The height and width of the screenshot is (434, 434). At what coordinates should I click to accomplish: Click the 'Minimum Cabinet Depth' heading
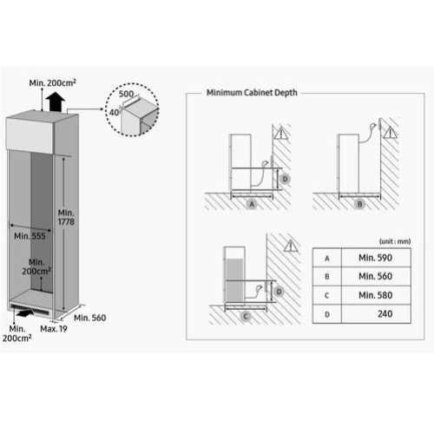(x=252, y=93)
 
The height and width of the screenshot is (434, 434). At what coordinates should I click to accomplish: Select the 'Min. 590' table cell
(x=375, y=258)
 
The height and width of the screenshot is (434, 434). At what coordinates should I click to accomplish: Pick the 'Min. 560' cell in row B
(x=375, y=276)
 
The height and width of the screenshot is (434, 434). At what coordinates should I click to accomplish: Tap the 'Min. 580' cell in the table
(x=375, y=295)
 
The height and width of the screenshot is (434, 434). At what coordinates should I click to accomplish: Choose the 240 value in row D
(x=385, y=313)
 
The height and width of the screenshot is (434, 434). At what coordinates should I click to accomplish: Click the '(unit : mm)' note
(x=395, y=241)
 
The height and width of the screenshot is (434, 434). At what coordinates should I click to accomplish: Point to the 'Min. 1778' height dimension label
(x=66, y=217)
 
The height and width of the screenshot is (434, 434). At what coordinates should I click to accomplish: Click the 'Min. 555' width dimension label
(x=30, y=236)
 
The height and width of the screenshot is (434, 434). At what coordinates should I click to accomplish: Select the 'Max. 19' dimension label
(x=54, y=329)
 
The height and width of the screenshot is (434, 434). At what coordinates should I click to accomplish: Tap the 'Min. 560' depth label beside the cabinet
(x=90, y=318)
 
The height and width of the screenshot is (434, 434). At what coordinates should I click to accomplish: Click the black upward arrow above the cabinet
(x=56, y=102)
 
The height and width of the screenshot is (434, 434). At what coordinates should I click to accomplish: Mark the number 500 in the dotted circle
(x=126, y=94)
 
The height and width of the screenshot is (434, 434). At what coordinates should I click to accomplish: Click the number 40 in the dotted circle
(x=115, y=112)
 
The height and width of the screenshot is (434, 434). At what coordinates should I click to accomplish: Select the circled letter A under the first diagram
(x=252, y=204)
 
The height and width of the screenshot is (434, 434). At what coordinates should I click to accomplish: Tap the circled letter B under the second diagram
(x=359, y=204)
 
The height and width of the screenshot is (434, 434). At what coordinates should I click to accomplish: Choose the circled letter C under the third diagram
(x=246, y=316)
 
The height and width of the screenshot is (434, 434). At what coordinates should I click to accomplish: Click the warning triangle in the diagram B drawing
(x=391, y=133)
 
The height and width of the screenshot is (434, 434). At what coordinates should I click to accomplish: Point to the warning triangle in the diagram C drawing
(x=291, y=246)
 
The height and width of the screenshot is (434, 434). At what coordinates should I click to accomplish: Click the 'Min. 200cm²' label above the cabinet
(x=52, y=82)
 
